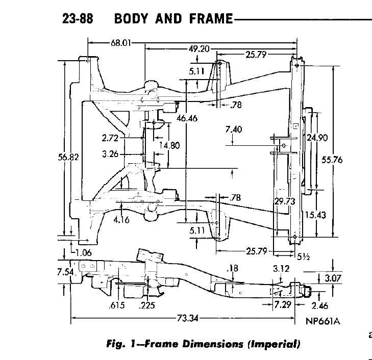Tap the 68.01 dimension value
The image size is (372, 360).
[x=119, y=43]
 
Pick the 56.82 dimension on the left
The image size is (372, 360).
[x=68, y=158]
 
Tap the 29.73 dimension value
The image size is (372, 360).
[x=285, y=201]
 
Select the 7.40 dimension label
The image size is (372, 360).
[x=233, y=130]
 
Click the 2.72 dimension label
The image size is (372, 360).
[x=110, y=138]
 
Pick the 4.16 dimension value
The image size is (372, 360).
[x=122, y=220]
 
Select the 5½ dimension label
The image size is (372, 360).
[x=303, y=256]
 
